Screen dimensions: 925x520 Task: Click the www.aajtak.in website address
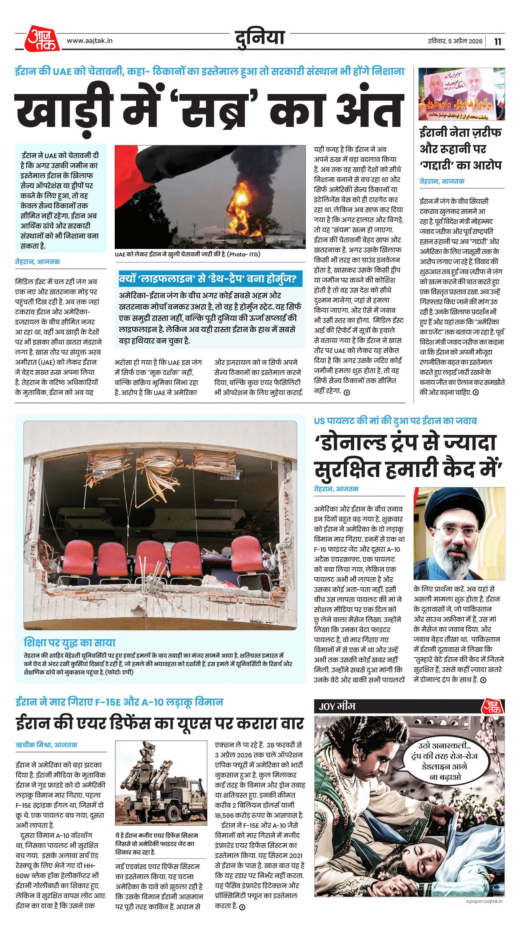click(x=90, y=41)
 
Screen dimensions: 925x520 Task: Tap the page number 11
click(x=497, y=41)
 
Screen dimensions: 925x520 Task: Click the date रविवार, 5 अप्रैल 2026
click(x=455, y=41)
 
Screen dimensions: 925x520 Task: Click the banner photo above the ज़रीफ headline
click(x=461, y=94)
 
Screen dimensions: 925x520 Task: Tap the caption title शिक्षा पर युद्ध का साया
click(x=70, y=643)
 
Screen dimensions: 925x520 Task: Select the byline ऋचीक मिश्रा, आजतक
click(x=46, y=745)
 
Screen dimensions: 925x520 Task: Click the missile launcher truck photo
click(x=161, y=783)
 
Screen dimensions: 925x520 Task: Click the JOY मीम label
click(x=337, y=706)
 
